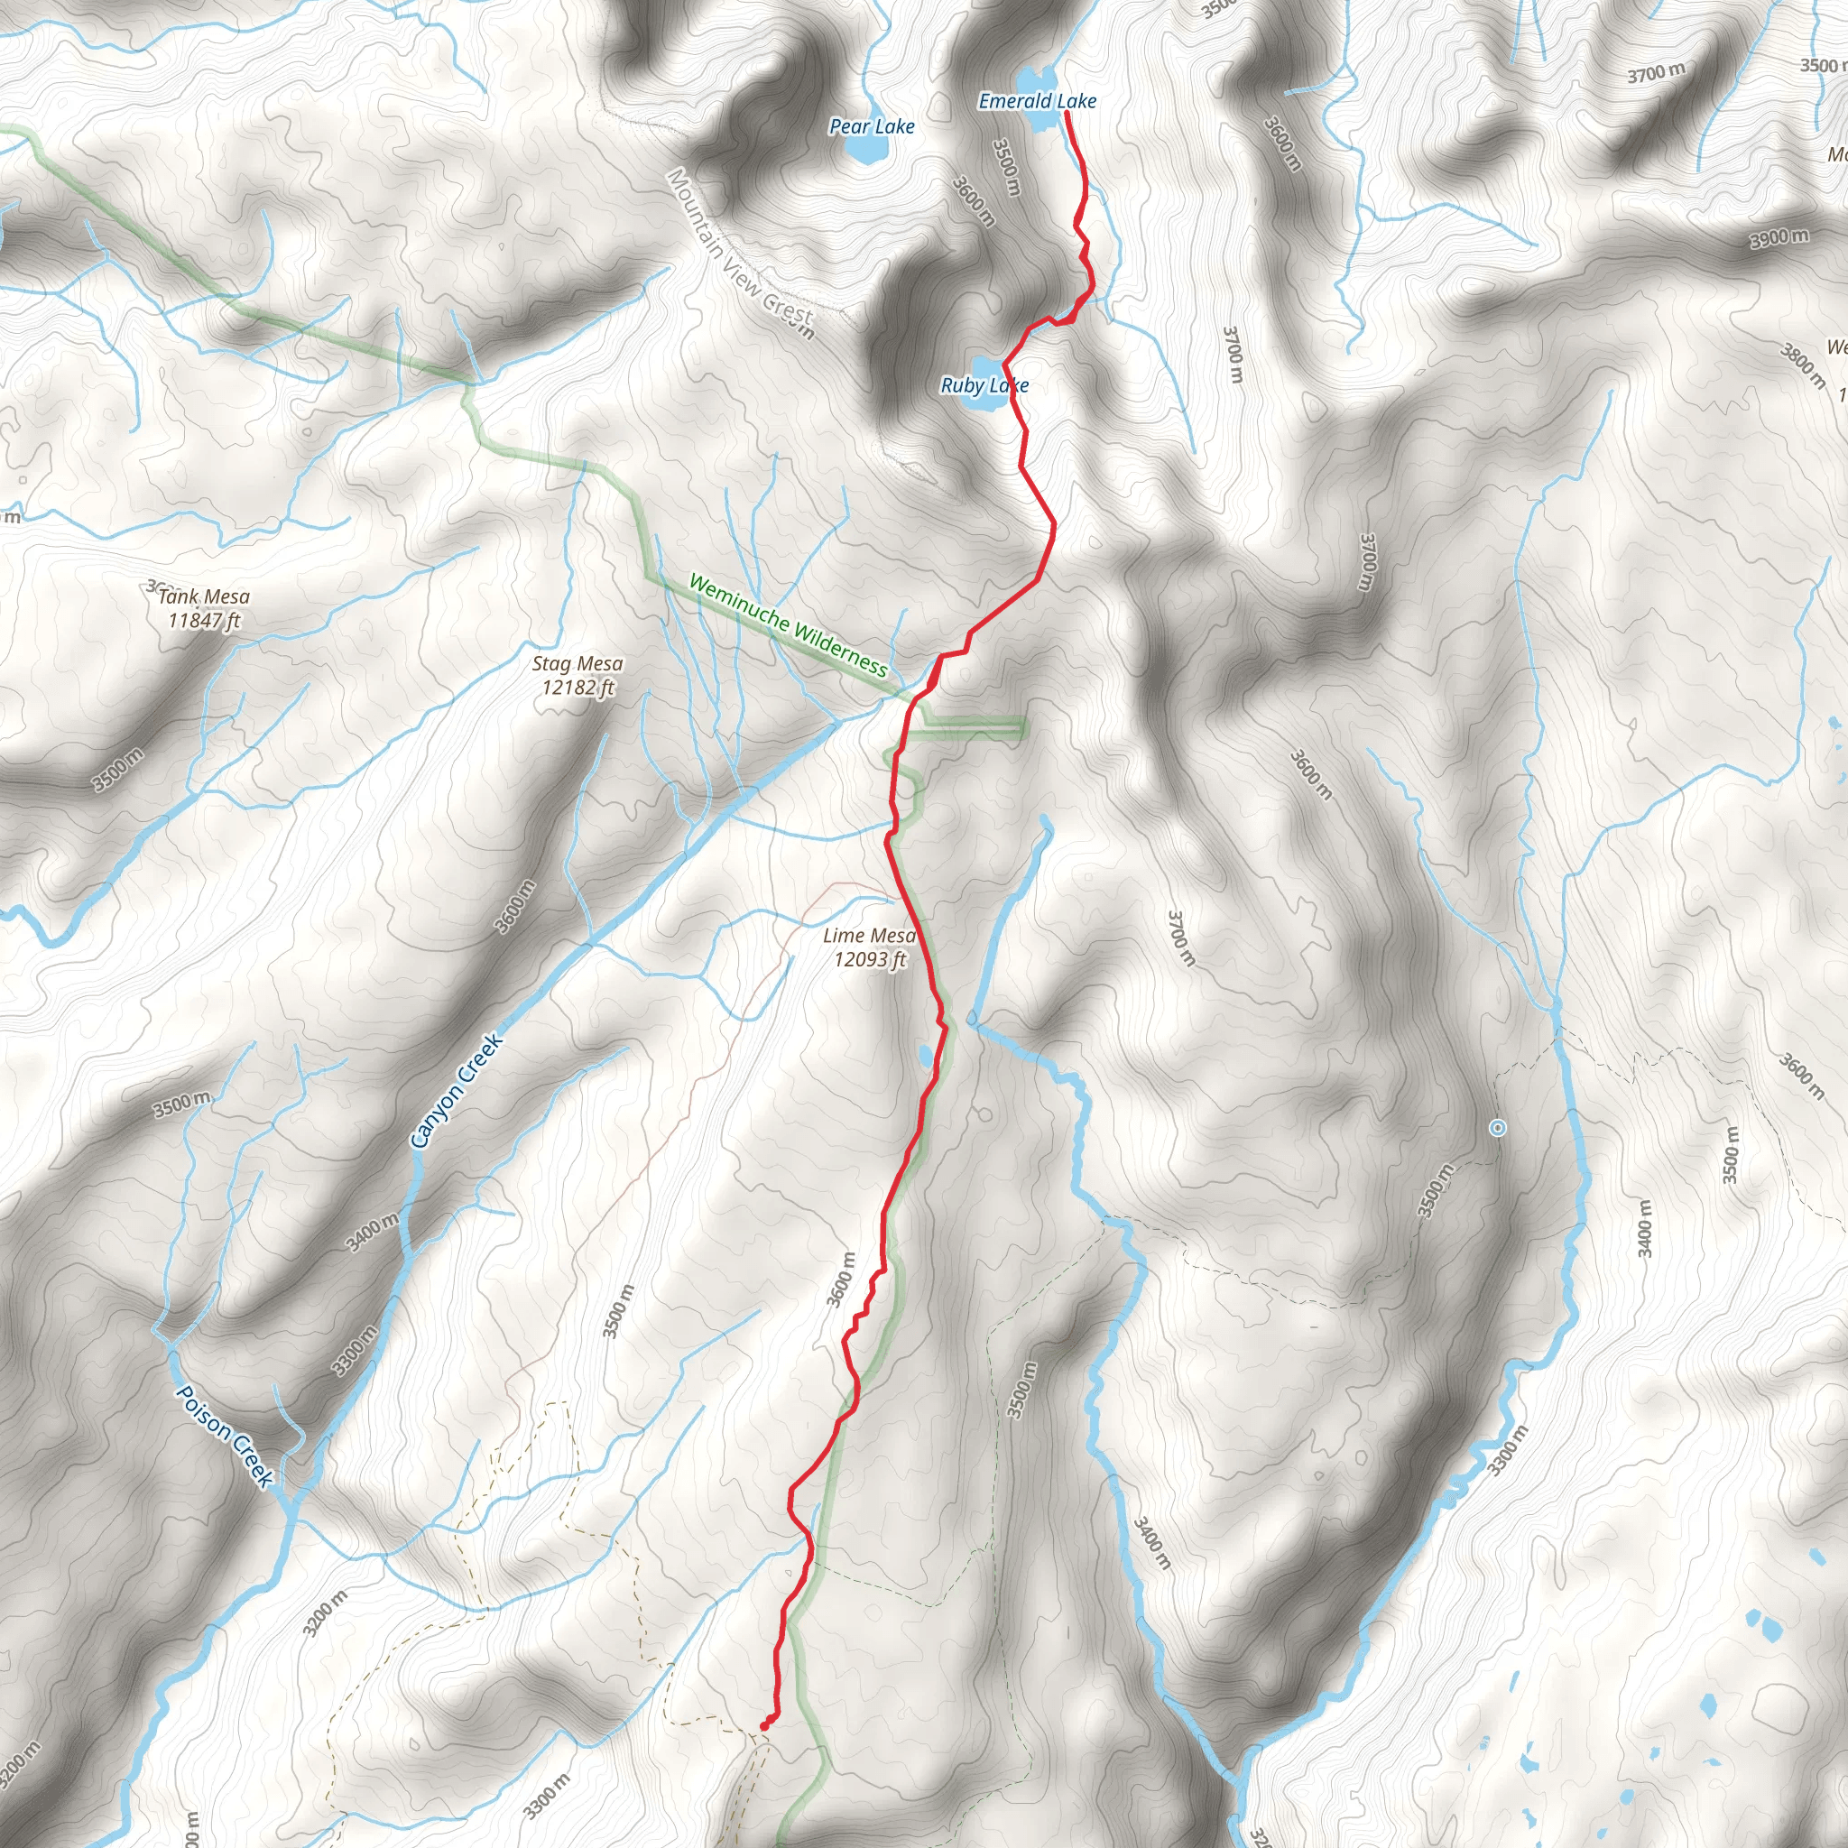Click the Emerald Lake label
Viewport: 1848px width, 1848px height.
[1037, 100]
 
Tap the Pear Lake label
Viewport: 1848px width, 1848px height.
[872, 126]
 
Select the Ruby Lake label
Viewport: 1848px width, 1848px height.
[984, 385]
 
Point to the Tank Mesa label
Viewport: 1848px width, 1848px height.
[204, 596]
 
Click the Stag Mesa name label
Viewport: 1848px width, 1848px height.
[577, 664]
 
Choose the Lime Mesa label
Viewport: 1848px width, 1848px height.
[869, 936]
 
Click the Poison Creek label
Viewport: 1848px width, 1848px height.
[226, 1436]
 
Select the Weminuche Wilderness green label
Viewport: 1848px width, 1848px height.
[787, 625]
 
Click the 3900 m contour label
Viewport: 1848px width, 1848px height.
[1779, 237]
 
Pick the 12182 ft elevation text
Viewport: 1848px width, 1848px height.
[577, 688]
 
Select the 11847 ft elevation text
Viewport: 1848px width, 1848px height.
[204, 621]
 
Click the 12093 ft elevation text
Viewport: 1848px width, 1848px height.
[870, 959]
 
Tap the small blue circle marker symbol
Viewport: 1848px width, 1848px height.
[1498, 1129]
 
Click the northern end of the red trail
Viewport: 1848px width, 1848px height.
[1067, 113]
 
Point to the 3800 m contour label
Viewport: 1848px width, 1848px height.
[1802, 365]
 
